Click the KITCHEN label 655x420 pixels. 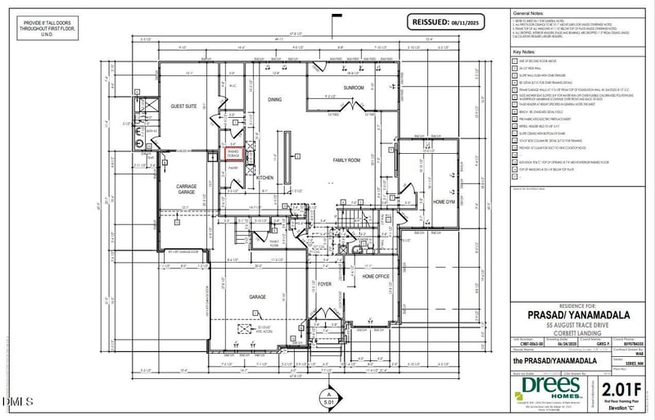pyautogui.click(x=264, y=177)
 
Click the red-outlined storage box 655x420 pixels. pyautogui.click(x=233, y=153)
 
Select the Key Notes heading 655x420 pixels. pyautogui.click(x=524, y=51)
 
